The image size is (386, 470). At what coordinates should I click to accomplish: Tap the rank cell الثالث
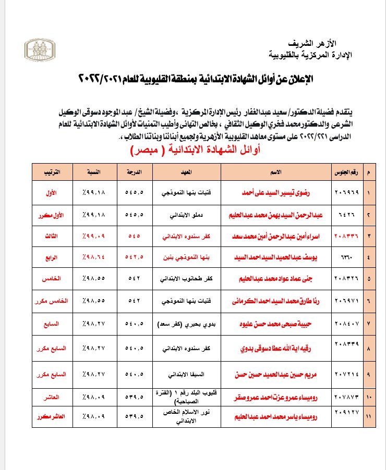click(51, 236)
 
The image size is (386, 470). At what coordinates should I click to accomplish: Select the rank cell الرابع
click(51, 257)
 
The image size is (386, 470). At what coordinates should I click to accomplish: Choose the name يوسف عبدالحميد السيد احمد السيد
click(279, 257)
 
